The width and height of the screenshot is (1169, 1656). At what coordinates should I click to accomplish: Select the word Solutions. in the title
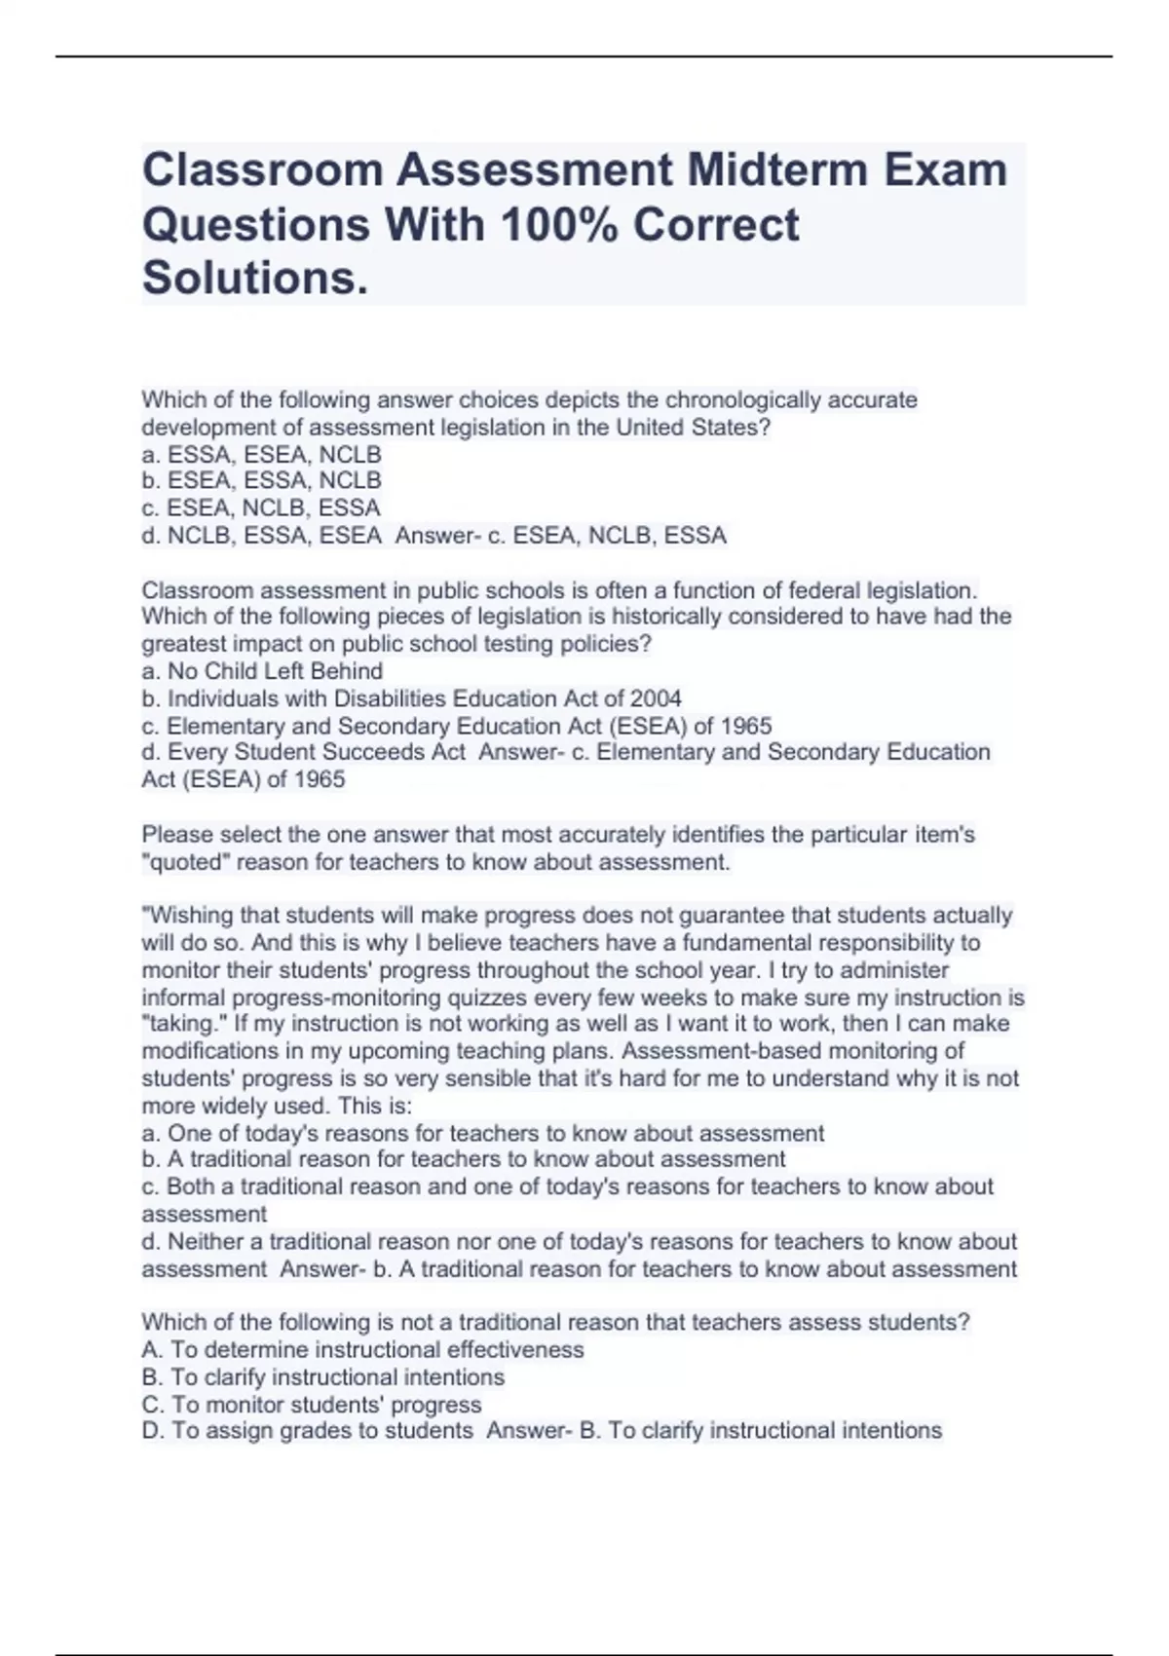coord(255,278)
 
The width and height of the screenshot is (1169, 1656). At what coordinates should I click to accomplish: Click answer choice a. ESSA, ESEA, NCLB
coord(261,455)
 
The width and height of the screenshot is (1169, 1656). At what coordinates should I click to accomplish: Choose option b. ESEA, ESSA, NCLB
coord(261,481)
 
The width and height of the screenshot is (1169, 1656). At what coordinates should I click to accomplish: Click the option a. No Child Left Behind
coord(262,671)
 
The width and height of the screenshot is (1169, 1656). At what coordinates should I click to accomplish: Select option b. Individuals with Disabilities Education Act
coord(411,698)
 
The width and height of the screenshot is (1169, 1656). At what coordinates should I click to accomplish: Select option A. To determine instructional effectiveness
coord(362,1350)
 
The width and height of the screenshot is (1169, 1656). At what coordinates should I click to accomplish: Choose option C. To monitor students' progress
coord(312,1405)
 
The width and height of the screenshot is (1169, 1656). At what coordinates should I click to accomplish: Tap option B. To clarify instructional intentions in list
coord(323,1377)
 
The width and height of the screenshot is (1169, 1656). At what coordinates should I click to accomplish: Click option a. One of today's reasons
coord(483,1134)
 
